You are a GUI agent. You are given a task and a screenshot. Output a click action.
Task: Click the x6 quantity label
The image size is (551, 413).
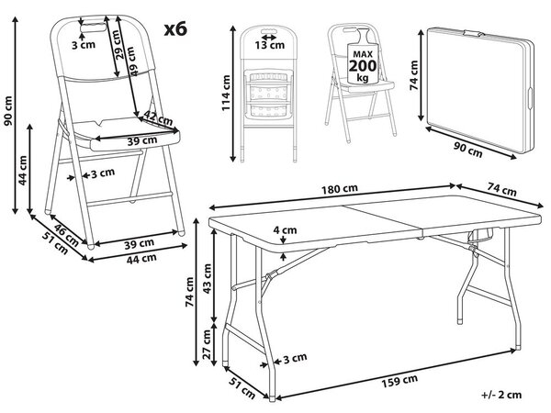coord(175,29)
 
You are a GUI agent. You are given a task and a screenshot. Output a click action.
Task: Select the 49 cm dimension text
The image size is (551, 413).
coord(131,61)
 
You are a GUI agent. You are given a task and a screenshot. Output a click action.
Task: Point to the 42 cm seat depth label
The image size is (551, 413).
coord(159,117)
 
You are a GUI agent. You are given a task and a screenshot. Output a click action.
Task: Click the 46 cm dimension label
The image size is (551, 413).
coord(66,235)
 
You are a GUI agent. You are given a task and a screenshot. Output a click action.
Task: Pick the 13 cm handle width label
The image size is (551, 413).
coord(269,45)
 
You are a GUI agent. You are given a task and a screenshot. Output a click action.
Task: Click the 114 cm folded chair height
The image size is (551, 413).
coord(226,93)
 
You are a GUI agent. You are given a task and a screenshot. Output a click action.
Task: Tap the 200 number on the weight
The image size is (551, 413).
coord(363,66)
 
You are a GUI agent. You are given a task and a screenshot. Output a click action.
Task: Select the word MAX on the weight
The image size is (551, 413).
coord(363,54)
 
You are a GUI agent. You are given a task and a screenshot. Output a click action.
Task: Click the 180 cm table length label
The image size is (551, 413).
coord(340,189)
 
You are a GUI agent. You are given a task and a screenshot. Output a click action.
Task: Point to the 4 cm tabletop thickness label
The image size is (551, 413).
coord(285,230)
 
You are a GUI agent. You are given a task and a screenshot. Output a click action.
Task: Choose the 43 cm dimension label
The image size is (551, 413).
coord(207,278)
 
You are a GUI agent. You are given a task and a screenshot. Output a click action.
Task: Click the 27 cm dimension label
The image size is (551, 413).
coord(207,344)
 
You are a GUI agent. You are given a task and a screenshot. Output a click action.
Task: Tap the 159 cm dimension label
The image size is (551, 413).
coord(399,381)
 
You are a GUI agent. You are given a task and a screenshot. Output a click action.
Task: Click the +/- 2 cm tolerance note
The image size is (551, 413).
coord(501,395)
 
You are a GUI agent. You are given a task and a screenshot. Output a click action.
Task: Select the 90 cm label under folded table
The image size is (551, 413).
coord(467,151)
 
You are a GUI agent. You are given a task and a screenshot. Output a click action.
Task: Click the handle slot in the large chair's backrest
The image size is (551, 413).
coord(93,28)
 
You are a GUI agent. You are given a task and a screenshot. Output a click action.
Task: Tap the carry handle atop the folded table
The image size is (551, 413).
coord(474,34)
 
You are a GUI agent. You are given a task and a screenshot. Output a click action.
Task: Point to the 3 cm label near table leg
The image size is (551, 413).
coord(295,358)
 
